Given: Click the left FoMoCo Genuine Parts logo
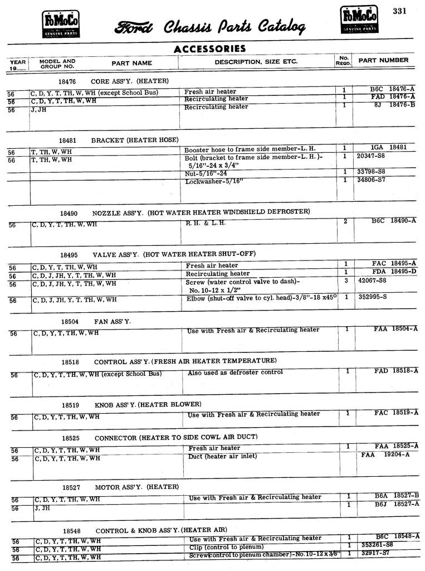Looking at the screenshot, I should [x=61, y=25].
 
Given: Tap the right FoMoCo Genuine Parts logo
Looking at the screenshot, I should [x=359, y=20].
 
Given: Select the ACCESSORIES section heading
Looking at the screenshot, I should [x=209, y=49].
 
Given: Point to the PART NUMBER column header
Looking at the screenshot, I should [x=383, y=60].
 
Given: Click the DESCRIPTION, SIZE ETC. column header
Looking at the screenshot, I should [x=256, y=62].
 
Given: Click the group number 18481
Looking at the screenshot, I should [x=68, y=140].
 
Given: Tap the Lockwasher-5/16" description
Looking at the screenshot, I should [x=215, y=181].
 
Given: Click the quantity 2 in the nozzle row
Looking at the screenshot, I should [x=345, y=221].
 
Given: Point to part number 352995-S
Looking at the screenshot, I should [x=373, y=297].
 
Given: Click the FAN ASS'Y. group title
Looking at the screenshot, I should [x=113, y=322].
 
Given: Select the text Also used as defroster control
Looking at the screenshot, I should [x=235, y=372].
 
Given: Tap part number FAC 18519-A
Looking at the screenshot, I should [x=396, y=413].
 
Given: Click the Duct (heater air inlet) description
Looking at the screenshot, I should [x=223, y=457].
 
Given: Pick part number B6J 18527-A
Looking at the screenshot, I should [x=396, y=504].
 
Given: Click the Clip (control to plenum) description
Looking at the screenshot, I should [x=226, y=547].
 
